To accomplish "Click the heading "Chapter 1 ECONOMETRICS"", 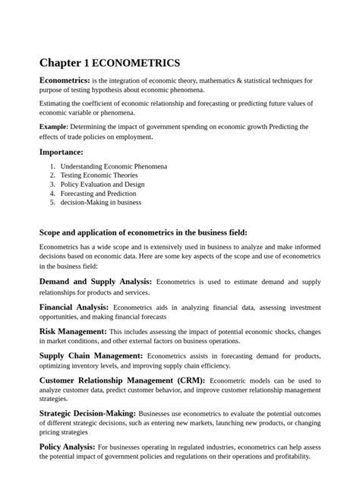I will (109, 62).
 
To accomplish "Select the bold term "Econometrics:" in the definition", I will (65, 80).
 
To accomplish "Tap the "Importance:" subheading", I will (61, 152).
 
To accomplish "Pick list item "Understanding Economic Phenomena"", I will (114, 166).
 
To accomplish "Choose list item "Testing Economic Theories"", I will (99, 175).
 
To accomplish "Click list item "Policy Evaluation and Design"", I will (104, 184).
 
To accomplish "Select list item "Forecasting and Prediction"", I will (99, 194).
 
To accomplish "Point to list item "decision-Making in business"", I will (100, 203).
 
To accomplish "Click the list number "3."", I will (52, 184).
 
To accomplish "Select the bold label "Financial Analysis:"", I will (74, 307).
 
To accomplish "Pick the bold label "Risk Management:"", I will (73, 332).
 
